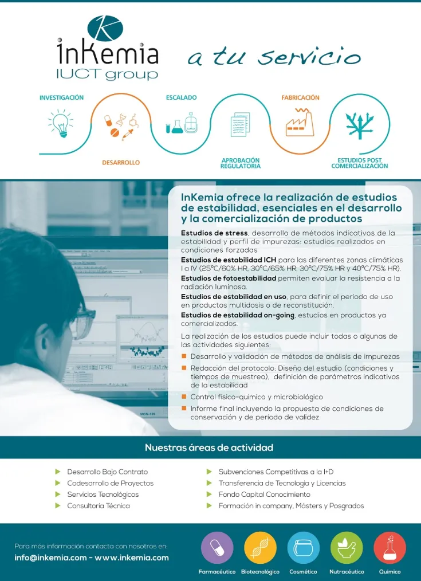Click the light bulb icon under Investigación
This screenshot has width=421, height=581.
(x=60, y=123)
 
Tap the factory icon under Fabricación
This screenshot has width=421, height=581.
(x=300, y=122)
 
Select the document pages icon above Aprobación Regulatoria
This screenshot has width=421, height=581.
(x=240, y=124)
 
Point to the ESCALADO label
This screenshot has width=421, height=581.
(x=182, y=97)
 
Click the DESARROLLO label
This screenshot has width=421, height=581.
(x=121, y=163)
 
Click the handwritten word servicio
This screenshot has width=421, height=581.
(x=309, y=57)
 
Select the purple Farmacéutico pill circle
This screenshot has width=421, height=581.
(x=217, y=548)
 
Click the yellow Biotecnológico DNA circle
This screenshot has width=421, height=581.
(x=260, y=548)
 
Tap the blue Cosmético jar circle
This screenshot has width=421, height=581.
(x=304, y=548)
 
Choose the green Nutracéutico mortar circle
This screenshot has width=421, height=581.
(x=347, y=548)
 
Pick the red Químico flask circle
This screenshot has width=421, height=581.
(x=390, y=548)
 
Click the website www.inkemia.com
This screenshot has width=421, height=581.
(x=132, y=558)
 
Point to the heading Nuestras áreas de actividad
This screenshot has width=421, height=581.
(x=209, y=447)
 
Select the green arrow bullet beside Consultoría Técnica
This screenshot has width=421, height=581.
(x=58, y=505)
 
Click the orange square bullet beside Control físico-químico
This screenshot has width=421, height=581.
(x=184, y=397)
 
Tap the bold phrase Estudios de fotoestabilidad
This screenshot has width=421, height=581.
(x=229, y=278)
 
